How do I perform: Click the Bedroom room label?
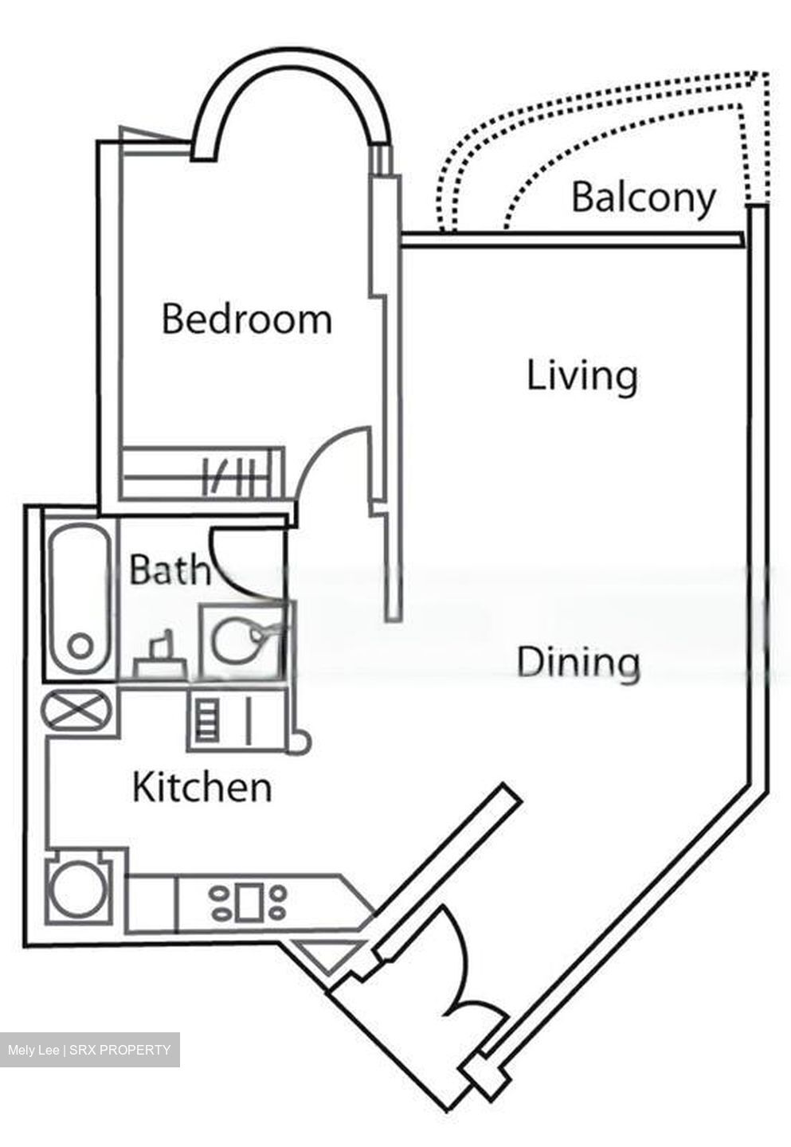click(x=246, y=319)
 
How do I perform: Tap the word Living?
click(x=582, y=375)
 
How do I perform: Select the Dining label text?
click(x=578, y=663)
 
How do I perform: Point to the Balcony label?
click(x=643, y=197)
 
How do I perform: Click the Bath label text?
click(x=169, y=570)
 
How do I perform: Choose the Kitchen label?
click(x=202, y=787)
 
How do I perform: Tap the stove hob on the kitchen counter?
click(x=248, y=902)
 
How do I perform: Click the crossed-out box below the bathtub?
click(x=78, y=709)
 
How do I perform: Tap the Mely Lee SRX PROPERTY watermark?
click(x=89, y=1050)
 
